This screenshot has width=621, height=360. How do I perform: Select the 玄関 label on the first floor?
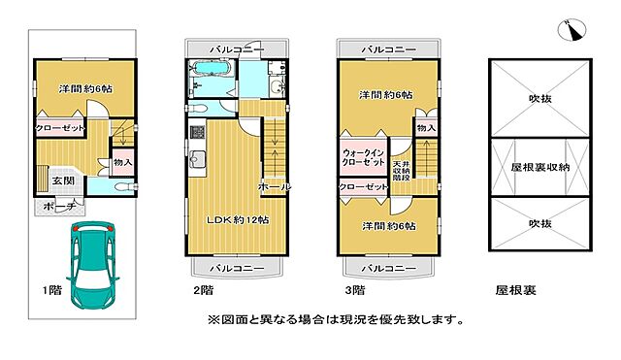(x=63, y=180)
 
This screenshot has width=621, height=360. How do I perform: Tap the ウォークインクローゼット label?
(x=364, y=159)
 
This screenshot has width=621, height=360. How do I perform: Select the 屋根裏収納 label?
(x=539, y=167)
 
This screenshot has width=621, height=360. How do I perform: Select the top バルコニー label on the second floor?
(x=237, y=49)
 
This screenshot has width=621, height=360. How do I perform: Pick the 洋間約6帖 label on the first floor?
(x=85, y=88)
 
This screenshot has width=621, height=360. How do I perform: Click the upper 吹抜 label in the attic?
(x=539, y=98)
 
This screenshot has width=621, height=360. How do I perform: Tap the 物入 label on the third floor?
(x=426, y=127)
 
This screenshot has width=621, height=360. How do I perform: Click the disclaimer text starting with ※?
(x=335, y=319)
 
